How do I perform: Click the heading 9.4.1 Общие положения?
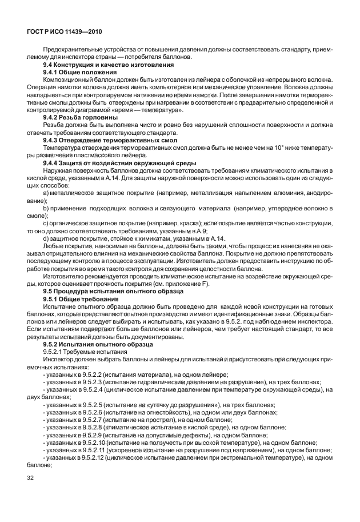(80, 73)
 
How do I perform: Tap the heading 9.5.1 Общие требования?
(81, 299)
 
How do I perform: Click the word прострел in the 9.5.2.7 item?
(151, 419)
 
